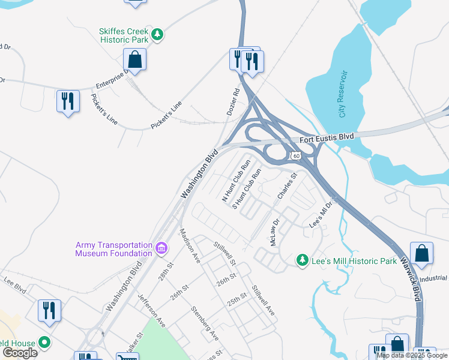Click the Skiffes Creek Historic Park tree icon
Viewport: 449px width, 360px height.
point(157,35)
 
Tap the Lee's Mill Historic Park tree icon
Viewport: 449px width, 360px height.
point(303,260)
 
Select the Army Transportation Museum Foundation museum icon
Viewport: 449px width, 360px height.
point(160,248)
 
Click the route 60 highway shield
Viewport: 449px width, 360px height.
point(295,156)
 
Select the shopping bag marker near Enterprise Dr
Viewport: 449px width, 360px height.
point(134,60)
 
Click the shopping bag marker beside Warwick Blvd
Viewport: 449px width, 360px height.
point(422,253)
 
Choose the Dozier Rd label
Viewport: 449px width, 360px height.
point(233,102)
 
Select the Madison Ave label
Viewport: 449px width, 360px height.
point(190,245)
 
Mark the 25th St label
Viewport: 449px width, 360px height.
point(237,298)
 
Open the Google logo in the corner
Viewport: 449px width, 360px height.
point(20,353)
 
